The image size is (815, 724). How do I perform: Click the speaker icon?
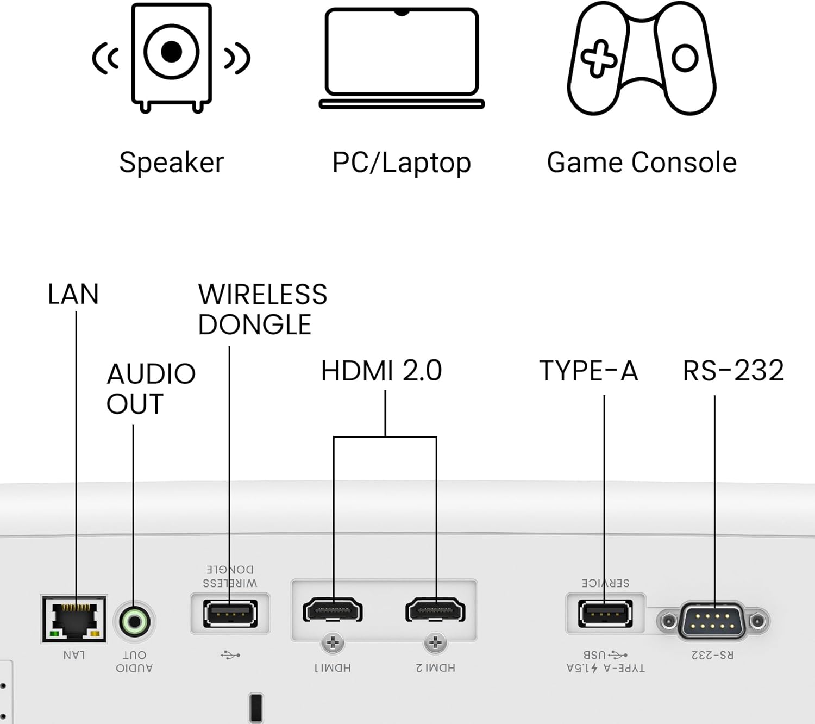pyautogui.click(x=171, y=57)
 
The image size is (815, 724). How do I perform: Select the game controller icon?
pyautogui.click(x=642, y=58)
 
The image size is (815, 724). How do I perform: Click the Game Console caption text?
pyautogui.click(x=642, y=163)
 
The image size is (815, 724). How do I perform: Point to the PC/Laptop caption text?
pyautogui.click(x=402, y=163)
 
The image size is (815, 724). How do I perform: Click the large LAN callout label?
pyautogui.click(x=73, y=295)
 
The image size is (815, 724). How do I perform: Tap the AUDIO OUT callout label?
pyautogui.click(x=151, y=389)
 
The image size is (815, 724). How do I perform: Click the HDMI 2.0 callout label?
pyautogui.click(x=381, y=371)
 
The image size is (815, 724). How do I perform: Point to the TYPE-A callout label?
pyautogui.click(x=588, y=371)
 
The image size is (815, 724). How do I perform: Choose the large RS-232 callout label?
pyautogui.click(x=733, y=371)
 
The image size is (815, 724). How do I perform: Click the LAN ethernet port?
pyautogui.click(x=74, y=619)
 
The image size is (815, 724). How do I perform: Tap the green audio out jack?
pyautogui.click(x=134, y=621)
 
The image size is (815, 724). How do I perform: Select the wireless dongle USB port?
pyautogui.click(x=230, y=614)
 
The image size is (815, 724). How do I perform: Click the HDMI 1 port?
pyautogui.click(x=333, y=610)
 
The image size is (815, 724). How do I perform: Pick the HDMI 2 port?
pyautogui.click(x=435, y=610)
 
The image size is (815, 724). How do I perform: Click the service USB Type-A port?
pyautogui.click(x=605, y=614)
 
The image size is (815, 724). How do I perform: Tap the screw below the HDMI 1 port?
pyautogui.click(x=333, y=643)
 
